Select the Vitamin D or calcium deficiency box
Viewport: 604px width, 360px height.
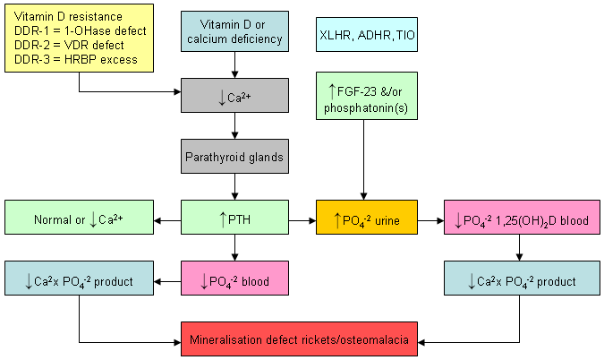pos(234,31)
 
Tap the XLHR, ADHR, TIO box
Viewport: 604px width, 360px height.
pos(367,37)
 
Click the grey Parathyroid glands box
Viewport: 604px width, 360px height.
pos(234,158)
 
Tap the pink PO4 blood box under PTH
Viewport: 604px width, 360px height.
pos(234,281)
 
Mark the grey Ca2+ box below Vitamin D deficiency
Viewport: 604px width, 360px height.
pos(234,95)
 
